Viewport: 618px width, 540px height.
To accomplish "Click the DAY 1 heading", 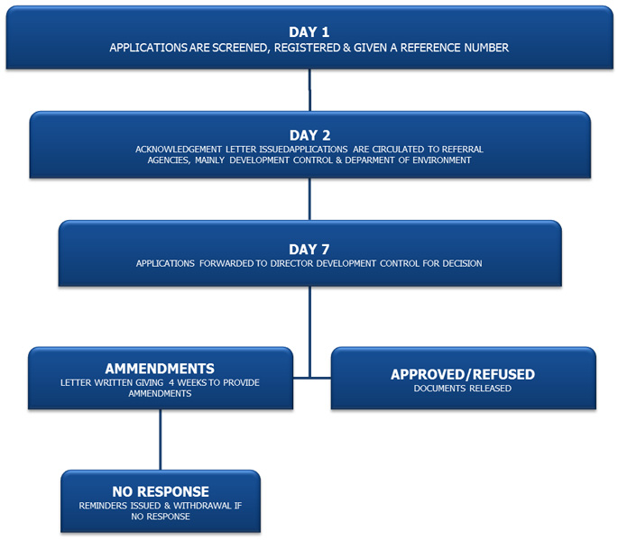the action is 309,32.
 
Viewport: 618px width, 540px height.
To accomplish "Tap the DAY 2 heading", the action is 309,135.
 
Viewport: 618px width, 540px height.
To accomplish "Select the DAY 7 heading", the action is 309,250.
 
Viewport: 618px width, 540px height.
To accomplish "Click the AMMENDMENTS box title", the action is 160,369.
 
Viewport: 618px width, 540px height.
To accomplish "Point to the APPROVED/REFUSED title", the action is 463,374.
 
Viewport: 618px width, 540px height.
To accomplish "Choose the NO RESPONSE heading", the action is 161,491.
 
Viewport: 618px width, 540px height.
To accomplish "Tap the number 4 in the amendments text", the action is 171,383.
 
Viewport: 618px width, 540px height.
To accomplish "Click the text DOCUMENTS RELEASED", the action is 462,389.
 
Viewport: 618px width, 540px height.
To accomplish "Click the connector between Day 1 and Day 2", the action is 309,90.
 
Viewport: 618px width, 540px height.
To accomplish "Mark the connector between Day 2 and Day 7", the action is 309,199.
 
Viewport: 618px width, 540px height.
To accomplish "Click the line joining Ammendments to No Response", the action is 161,440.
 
